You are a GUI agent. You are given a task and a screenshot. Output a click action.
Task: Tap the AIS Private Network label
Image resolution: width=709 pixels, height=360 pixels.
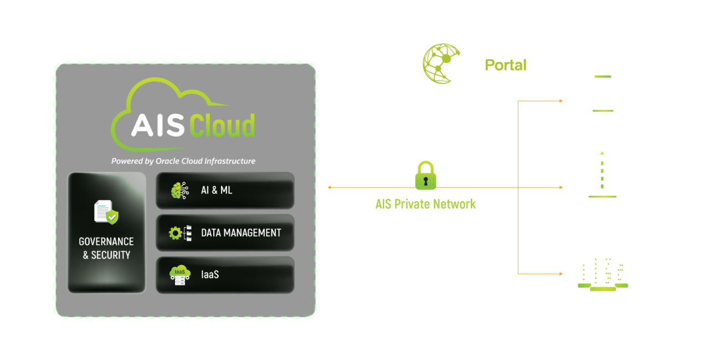pos(425,204)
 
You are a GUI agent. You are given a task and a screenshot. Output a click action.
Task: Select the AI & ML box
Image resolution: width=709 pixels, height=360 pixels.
pos(225,191)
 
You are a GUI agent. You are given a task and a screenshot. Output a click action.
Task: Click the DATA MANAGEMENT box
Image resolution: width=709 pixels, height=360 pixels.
pos(225,233)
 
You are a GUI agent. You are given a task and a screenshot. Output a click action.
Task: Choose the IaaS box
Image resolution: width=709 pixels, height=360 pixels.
pos(225,275)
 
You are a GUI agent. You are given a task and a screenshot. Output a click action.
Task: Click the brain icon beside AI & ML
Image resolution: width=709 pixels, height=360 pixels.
pos(179,191)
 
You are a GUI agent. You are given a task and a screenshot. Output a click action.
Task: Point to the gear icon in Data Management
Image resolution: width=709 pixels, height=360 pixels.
pos(176,233)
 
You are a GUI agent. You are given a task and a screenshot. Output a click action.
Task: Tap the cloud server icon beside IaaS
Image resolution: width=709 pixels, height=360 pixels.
pos(179,275)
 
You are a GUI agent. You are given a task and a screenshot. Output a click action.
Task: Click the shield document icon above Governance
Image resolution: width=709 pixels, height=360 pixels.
pos(106,213)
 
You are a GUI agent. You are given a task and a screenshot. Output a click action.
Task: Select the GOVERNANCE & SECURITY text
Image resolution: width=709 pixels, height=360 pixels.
pos(106,248)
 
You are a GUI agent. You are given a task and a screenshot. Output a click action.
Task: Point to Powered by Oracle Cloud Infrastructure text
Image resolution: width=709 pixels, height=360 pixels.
pos(183,161)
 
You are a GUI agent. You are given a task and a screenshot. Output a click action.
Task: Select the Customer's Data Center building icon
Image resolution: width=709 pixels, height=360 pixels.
pos(603,273)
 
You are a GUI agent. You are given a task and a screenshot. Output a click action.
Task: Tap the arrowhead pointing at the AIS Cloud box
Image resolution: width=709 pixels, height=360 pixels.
pos(330,187)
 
